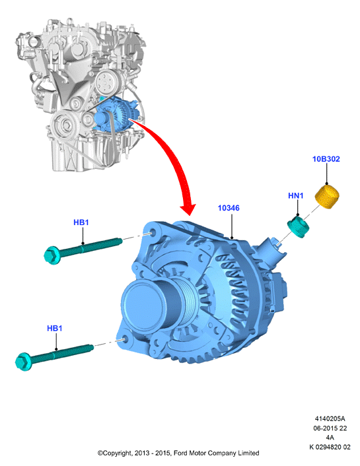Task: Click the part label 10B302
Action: coord(326,159)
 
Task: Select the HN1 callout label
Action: coord(295,195)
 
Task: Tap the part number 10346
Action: coord(229,208)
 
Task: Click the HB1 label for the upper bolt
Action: coord(81,222)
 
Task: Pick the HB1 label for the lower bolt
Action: coord(54,329)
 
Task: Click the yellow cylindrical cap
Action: coord(327,196)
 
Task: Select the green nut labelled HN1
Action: coord(298,227)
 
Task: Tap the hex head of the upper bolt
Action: coord(52,255)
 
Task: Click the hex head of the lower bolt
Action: coord(24,362)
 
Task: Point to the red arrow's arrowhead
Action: coord(188,209)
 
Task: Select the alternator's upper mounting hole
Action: coord(153,233)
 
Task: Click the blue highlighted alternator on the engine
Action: coord(117,114)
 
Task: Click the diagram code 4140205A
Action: coord(330,418)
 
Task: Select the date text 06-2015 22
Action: coord(330,428)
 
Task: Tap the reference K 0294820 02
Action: coord(330,447)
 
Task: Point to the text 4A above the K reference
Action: coord(330,438)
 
